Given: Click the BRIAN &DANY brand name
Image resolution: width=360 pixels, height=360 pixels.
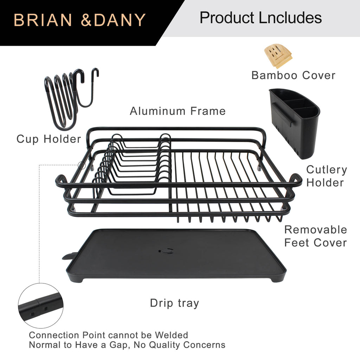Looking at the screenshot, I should (x=79, y=20).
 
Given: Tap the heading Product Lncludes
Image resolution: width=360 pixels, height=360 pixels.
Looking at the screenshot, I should (x=261, y=18).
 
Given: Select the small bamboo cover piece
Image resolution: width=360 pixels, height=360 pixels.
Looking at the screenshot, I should (x=278, y=55).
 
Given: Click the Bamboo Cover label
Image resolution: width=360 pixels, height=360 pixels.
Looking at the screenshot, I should (x=293, y=75).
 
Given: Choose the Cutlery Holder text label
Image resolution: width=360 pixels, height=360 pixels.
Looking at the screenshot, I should (x=326, y=176).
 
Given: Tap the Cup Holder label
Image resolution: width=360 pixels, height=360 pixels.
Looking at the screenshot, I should (x=49, y=139).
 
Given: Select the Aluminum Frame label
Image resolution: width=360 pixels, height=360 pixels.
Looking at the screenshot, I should (x=178, y=111).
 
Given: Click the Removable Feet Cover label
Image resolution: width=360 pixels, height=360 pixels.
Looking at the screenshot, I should (x=315, y=236).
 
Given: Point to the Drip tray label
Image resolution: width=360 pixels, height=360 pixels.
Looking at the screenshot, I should (x=174, y=303).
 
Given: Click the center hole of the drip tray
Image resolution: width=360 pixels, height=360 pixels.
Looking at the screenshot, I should (x=166, y=251).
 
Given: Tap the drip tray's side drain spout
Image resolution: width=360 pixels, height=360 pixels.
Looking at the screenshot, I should (x=69, y=256).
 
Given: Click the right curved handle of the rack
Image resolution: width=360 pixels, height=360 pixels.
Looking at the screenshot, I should (x=295, y=180).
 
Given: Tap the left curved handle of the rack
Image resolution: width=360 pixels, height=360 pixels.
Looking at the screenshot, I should (x=62, y=181).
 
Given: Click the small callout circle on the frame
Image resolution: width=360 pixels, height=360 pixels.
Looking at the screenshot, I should (x=82, y=165).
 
